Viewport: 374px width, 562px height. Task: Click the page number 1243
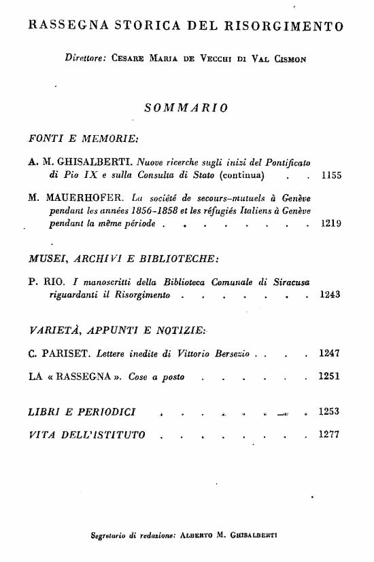(x=330, y=295)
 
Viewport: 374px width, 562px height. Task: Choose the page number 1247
(x=330, y=354)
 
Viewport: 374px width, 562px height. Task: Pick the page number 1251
(x=330, y=377)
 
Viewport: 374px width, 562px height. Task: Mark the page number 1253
(x=330, y=411)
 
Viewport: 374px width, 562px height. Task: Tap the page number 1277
(x=330, y=434)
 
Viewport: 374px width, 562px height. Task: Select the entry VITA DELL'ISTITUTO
(x=86, y=434)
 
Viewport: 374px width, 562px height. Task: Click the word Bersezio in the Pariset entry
(x=232, y=354)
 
